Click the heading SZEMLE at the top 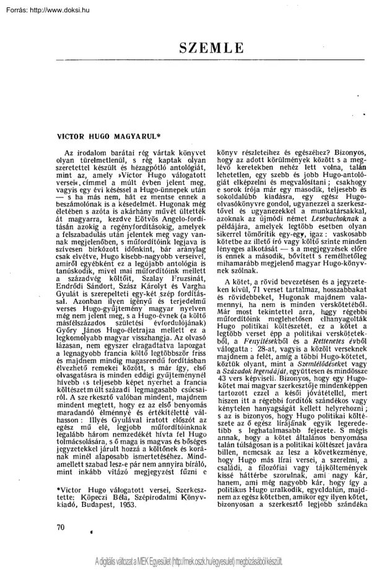click(211, 46)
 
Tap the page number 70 click(60, 527)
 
